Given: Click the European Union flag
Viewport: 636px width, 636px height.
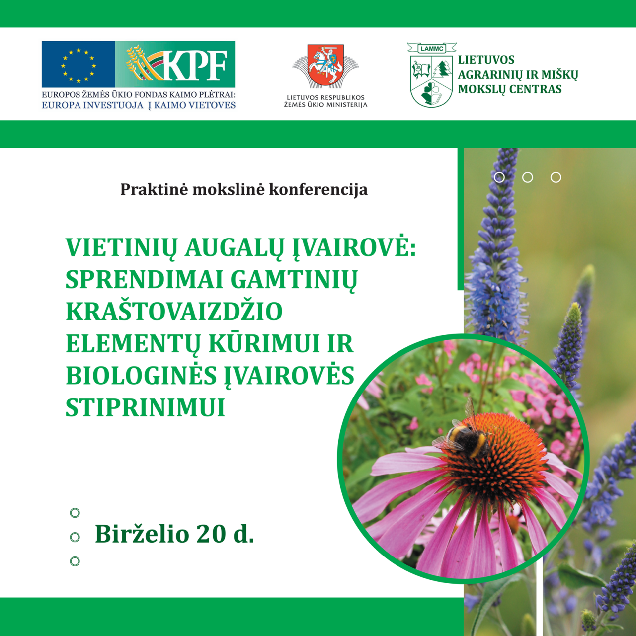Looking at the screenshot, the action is [78, 65].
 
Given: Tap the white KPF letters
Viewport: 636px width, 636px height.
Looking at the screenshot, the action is [198, 65].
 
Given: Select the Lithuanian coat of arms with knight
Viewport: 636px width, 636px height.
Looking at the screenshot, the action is [325, 64].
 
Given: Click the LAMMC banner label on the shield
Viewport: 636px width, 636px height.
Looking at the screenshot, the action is [432, 49].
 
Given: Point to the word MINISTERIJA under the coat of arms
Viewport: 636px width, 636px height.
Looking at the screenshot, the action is [346, 105].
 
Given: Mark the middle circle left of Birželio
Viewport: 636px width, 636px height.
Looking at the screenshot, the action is [75, 537].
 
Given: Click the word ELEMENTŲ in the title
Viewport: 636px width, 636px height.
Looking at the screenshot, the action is [133, 344].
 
